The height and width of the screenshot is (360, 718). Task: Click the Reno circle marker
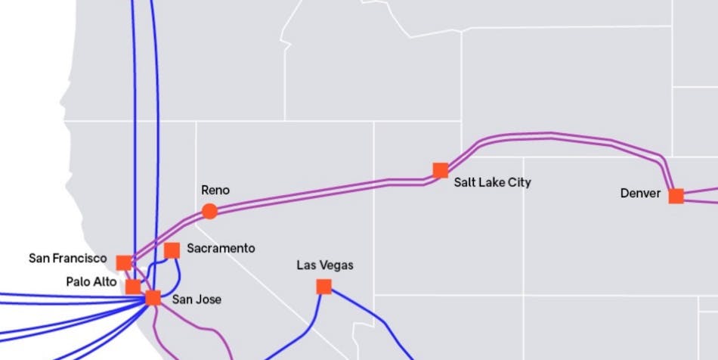(209, 211)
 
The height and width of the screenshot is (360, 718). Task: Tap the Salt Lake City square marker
(441, 170)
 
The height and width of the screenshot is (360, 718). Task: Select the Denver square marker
(676, 196)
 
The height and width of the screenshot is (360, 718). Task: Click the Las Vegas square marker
(323, 287)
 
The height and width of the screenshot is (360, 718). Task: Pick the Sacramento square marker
(172, 250)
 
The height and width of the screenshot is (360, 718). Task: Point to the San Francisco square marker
(123, 262)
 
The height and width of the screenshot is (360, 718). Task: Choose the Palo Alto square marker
(133, 287)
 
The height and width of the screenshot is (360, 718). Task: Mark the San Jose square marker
(153, 297)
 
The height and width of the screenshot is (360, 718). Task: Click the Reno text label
(215, 191)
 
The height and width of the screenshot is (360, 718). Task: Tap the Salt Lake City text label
(492, 182)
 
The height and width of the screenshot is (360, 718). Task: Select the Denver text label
(640, 194)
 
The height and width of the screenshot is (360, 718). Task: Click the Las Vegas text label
(324, 265)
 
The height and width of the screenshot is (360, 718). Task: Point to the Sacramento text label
(221, 248)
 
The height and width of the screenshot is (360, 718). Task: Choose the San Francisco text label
(68, 259)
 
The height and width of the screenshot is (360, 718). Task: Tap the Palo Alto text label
(91, 282)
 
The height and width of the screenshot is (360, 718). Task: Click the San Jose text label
(197, 299)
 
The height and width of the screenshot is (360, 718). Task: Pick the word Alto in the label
(105, 282)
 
